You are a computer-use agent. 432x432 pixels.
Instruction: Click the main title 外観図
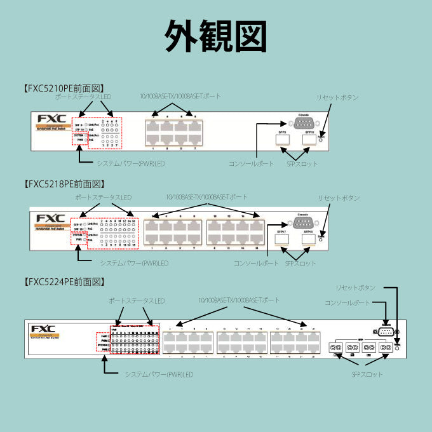(215, 36)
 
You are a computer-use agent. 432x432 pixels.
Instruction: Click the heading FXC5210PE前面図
(63, 88)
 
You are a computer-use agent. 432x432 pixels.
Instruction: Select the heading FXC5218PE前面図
(63, 184)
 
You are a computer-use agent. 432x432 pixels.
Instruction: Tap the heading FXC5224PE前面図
(63, 281)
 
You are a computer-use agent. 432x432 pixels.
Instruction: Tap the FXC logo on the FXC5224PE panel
(43, 328)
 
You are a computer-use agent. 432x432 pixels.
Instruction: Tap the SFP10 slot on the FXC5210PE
(309, 140)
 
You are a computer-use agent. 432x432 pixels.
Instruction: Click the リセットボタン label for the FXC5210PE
(337, 97)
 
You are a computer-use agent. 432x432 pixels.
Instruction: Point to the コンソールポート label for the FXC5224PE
(347, 302)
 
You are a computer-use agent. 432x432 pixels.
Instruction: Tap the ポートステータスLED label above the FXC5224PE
(137, 300)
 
